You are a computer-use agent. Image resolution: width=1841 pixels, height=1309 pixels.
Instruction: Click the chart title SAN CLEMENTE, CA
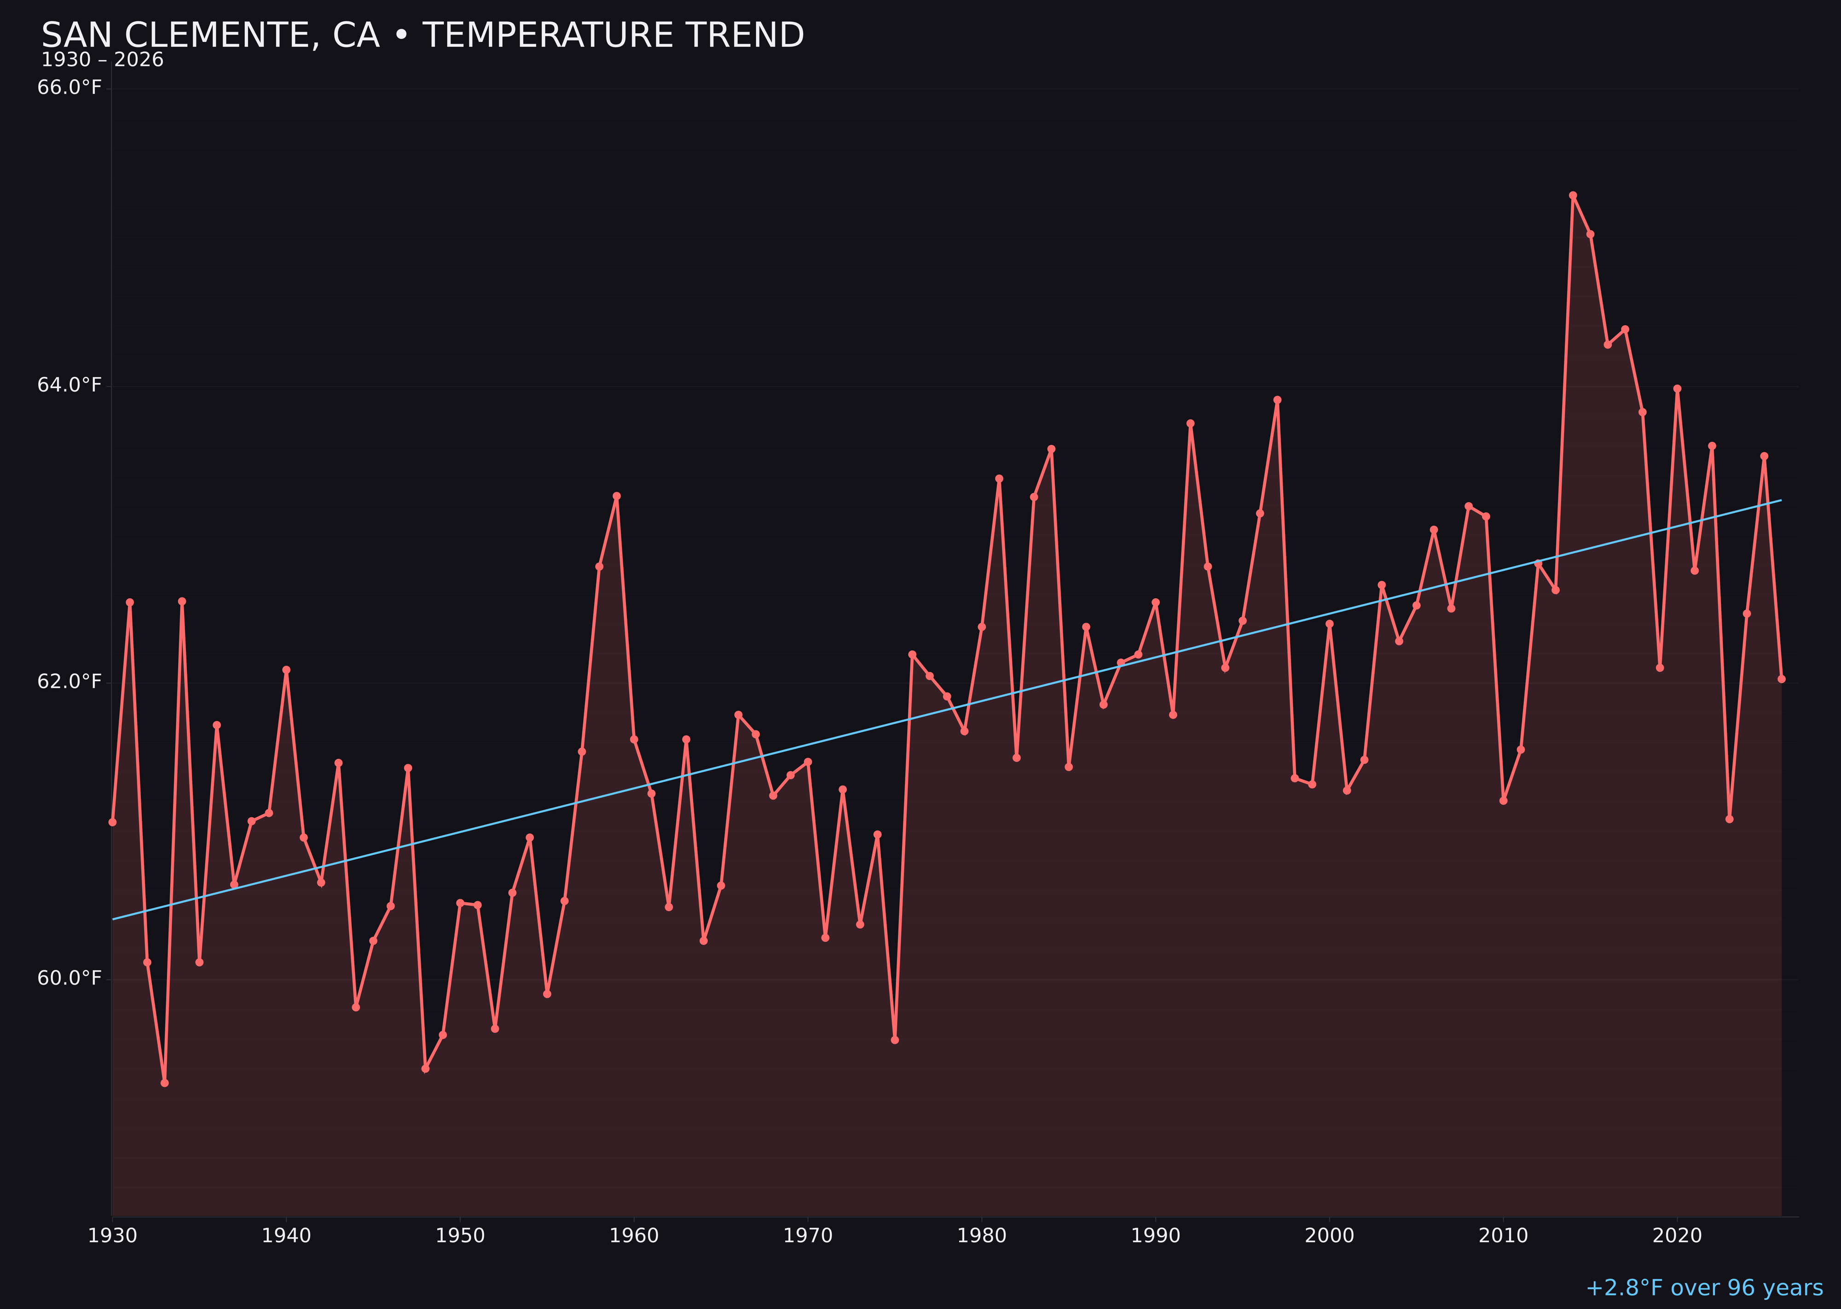click(x=423, y=35)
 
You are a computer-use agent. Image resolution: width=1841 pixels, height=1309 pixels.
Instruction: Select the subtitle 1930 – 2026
click(x=102, y=60)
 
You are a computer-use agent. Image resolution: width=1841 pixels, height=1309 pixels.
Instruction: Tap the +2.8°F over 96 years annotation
click(x=1703, y=1287)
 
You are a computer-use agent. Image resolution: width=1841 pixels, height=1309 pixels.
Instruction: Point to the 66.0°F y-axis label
click(x=69, y=87)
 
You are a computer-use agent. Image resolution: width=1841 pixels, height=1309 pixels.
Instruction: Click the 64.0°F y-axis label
click(x=69, y=385)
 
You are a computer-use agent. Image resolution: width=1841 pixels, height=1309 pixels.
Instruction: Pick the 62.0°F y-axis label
click(x=69, y=682)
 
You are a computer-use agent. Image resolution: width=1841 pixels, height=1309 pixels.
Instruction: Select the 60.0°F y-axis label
click(x=69, y=978)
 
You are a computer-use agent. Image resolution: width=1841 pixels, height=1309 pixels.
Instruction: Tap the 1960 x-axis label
click(x=634, y=1236)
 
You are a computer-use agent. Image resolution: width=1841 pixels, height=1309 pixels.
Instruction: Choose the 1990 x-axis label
click(x=1155, y=1236)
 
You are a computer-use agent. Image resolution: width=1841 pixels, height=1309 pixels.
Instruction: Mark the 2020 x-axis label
click(x=1677, y=1236)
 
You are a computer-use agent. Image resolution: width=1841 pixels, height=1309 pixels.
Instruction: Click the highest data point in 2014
click(x=1573, y=195)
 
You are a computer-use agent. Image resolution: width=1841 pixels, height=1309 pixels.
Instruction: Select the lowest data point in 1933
click(x=164, y=1083)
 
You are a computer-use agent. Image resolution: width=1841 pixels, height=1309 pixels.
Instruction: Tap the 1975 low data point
click(x=895, y=1040)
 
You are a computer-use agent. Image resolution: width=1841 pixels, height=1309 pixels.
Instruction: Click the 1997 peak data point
click(x=1277, y=400)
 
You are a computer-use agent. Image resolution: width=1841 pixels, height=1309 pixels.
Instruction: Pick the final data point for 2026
click(x=1781, y=679)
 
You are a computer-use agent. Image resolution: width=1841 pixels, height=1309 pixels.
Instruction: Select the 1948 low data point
click(x=426, y=1068)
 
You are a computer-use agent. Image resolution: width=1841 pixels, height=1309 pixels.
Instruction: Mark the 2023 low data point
click(x=1729, y=819)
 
